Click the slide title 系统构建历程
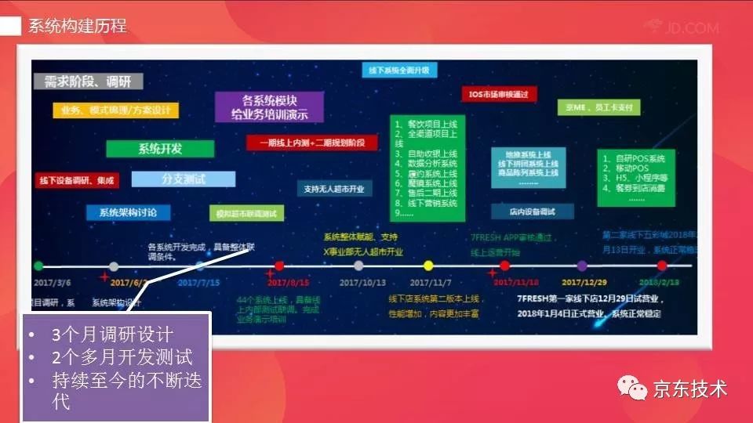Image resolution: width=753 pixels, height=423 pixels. [77, 26]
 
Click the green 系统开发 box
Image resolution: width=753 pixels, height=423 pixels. [160, 149]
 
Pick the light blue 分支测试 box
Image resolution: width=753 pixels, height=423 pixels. [183, 179]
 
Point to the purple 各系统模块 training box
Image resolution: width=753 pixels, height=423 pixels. [270, 107]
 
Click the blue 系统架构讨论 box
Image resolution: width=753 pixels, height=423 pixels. [128, 212]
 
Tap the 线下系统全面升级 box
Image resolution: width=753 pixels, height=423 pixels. [399, 70]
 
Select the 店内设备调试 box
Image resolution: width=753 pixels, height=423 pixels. [532, 211]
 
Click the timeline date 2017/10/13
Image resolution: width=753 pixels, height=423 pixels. [363, 282]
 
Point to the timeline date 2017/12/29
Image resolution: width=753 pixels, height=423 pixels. [583, 282]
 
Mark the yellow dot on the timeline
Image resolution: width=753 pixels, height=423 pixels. [428, 266]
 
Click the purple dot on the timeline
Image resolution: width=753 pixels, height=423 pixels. [582, 266]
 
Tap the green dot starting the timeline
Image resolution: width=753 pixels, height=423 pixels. [38, 266]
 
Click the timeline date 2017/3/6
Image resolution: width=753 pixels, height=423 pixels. [54, 282]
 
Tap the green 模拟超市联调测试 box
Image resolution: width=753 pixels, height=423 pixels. [247, 214]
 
